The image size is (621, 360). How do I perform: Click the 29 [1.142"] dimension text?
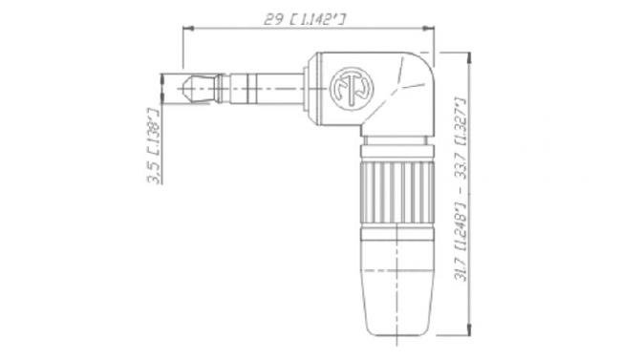click(304, 18)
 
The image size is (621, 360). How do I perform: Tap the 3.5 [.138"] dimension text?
click(154, 145)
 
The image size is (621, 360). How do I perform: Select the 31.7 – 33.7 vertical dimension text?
click(461, 189)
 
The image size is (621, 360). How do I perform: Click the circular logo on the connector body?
click(352, 89)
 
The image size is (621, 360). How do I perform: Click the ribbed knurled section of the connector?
click(396, 193)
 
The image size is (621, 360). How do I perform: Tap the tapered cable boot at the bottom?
click(396, 288)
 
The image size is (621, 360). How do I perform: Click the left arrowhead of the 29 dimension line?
click(187, 28)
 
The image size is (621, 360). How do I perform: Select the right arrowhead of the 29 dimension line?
click(429, 28)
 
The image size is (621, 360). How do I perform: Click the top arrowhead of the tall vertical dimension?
click(470, 58)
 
